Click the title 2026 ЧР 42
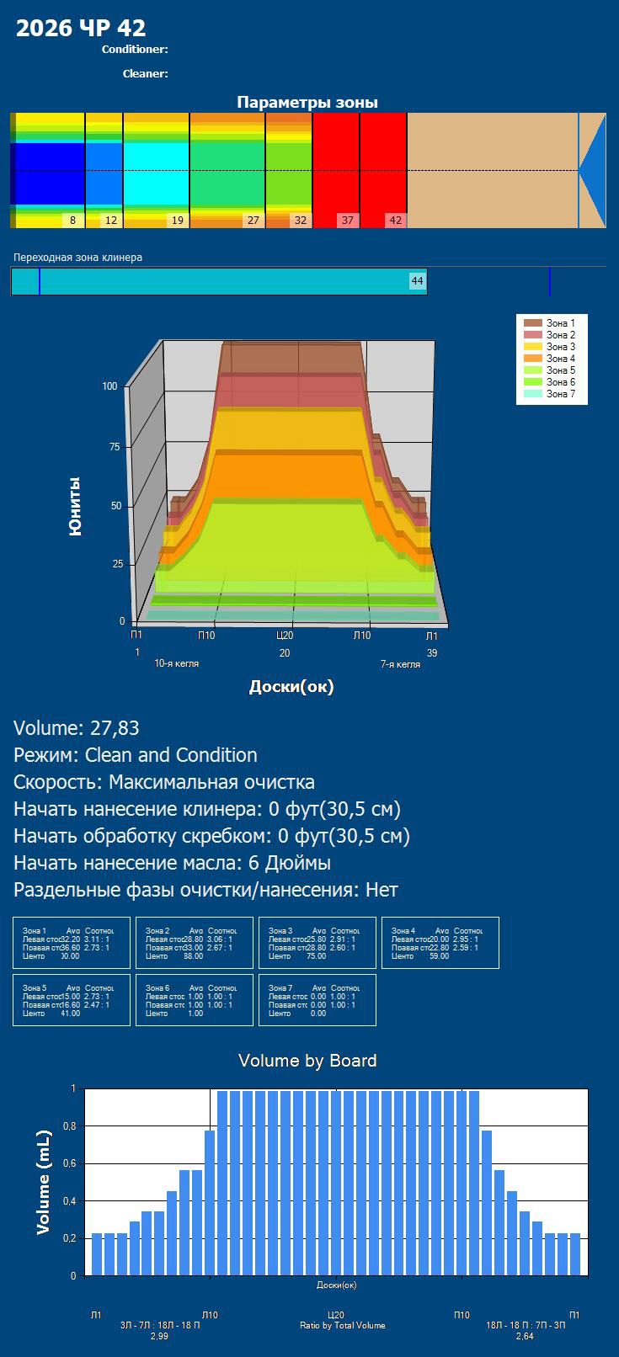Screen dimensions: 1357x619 click(81, 29)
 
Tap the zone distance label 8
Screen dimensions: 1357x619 click(72, 221)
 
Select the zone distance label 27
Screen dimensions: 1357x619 click(252, 221)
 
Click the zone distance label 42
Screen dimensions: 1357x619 click(395, 221)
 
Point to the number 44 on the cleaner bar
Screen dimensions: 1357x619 click(417, 280)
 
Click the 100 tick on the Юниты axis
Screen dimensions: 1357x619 click(109, 386)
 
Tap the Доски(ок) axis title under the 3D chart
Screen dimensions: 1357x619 click(291, 687)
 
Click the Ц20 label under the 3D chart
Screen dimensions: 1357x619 click(285, 636)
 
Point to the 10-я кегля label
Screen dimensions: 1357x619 click(177, 663)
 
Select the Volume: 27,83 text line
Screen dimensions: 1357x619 click(77, 728)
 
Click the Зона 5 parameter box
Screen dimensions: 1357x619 click(72, 1000)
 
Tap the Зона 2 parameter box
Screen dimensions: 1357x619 click(195, 942)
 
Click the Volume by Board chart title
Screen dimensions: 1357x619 click(307, 1061)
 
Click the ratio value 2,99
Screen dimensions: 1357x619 click(159, 1336)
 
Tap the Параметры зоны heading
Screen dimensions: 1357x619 click(307, 103)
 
